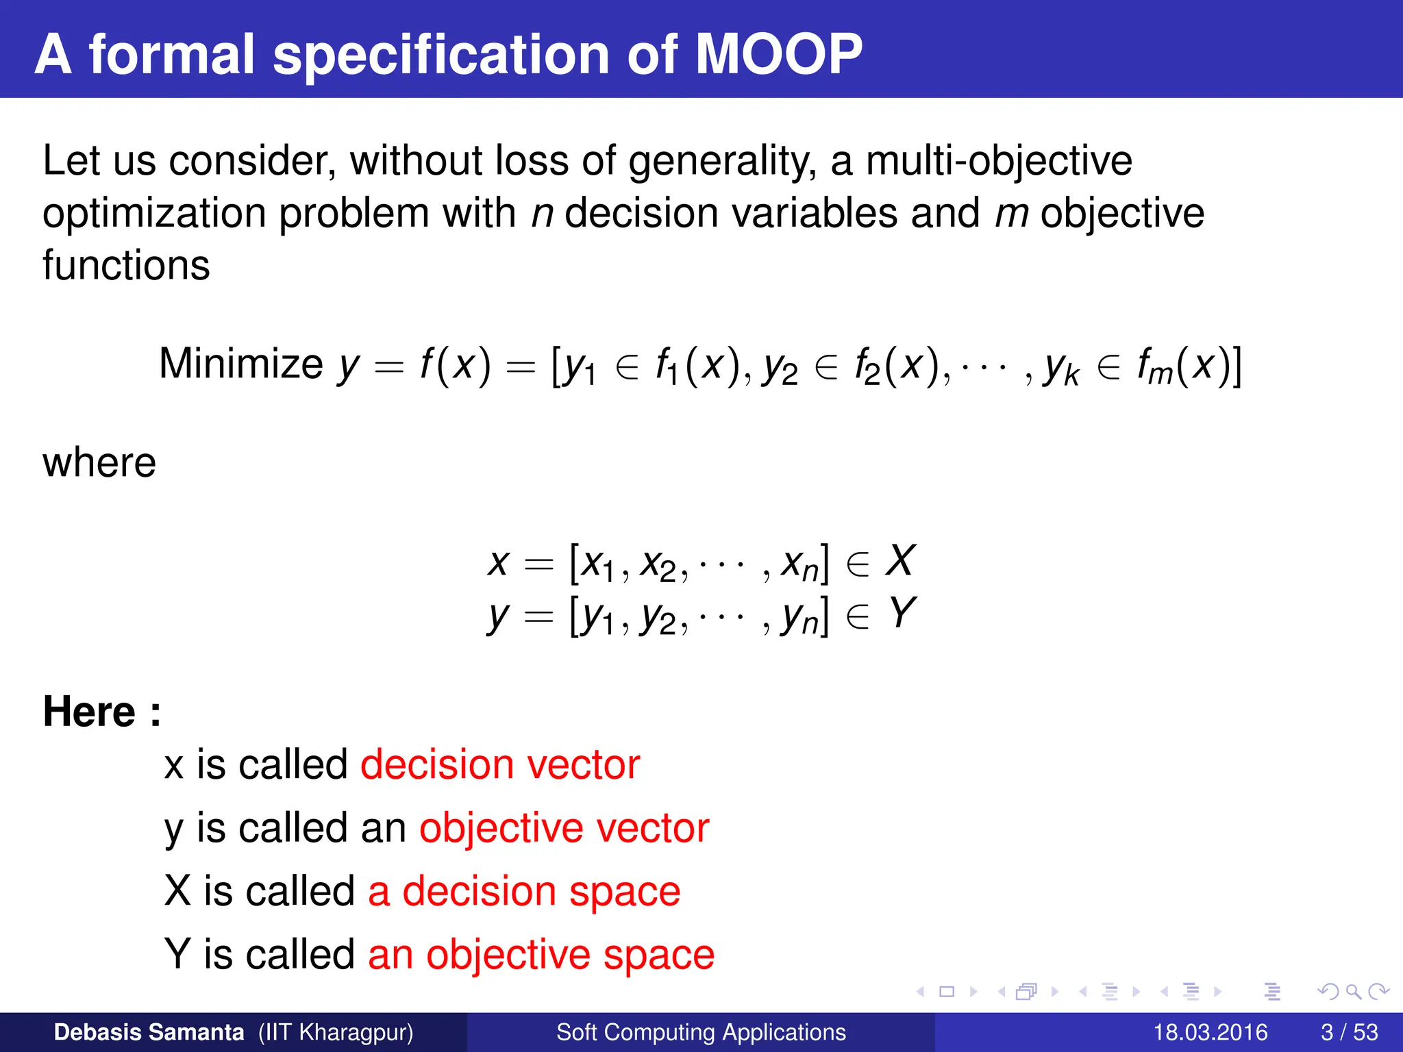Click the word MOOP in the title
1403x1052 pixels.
click(x=778, y=54)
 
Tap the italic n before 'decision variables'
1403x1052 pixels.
click(x=542, y=214)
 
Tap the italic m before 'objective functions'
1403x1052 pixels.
click(x=1011, y=214)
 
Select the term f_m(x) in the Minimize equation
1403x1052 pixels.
click(x=1189, y=366)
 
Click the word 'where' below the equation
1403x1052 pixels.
click(x=99, y=462)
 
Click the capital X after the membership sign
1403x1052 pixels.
click(x=899, y=561)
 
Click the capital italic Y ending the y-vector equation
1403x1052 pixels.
click(x=902, y=613)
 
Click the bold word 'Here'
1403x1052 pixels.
click(x=89, y=712)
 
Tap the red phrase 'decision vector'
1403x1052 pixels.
click(x=500, y=764)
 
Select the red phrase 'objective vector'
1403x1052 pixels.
click(x=564, y=828)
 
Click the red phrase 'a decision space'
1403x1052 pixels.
click(x=524, y=891)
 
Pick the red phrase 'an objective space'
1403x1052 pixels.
click(x=541, y=954)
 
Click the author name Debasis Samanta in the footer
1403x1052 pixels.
click(x=149, y=1032)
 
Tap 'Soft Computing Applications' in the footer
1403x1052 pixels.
click(x=701, y=1032)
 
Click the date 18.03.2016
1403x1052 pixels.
click(x=1210, y=1032)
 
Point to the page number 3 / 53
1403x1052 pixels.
click(x=1349, y=1032)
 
